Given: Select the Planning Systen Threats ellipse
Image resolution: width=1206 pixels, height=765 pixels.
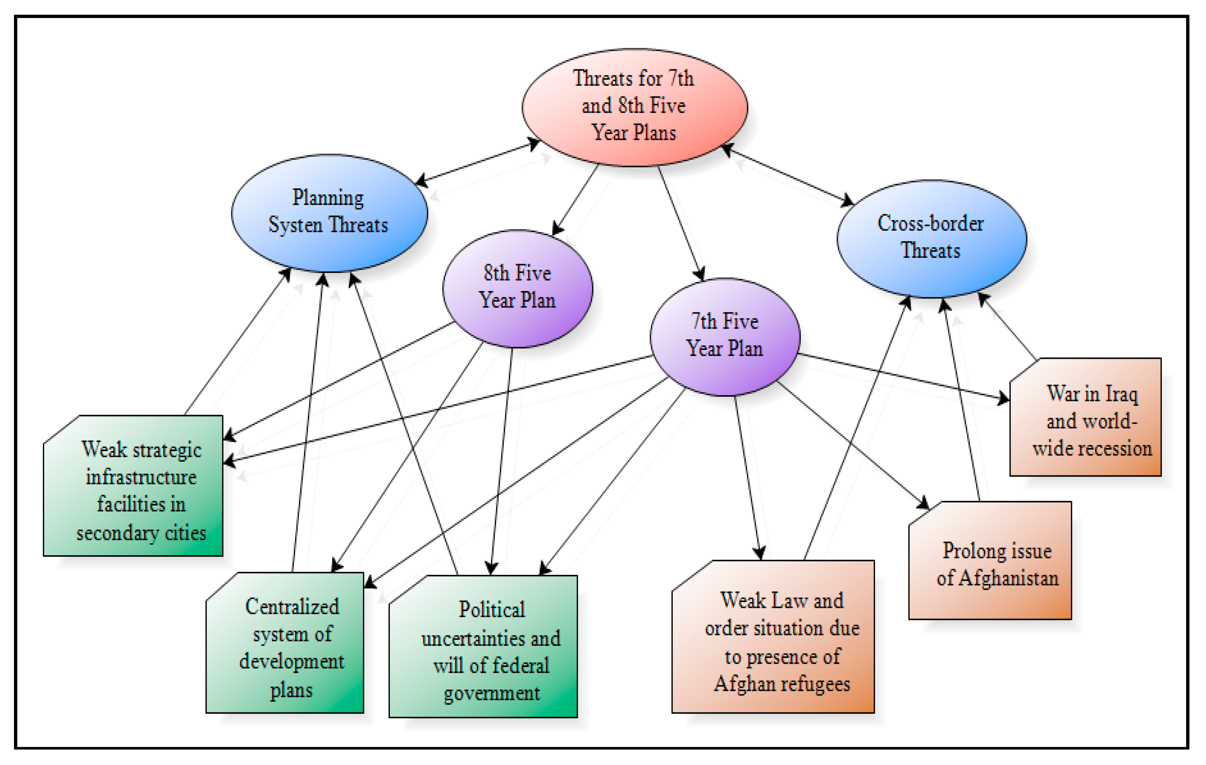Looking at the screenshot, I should click(329, 212).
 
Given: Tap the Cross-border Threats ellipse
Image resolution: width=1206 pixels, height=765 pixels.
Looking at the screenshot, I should click(931, 238).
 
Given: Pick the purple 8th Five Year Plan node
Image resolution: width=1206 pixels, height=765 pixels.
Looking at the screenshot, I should click(517, 288).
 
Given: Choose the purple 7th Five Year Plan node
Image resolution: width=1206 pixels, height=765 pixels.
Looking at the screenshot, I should click(725, 336).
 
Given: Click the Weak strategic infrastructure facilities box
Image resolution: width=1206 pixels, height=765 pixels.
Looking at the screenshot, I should click(133, 486).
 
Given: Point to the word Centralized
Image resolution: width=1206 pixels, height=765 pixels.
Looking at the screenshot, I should click(292, 607).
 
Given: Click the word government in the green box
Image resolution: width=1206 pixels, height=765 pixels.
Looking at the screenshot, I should click(492, 693).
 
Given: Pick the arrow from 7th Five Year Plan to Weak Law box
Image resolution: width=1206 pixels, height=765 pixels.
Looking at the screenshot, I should click(747, 476).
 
